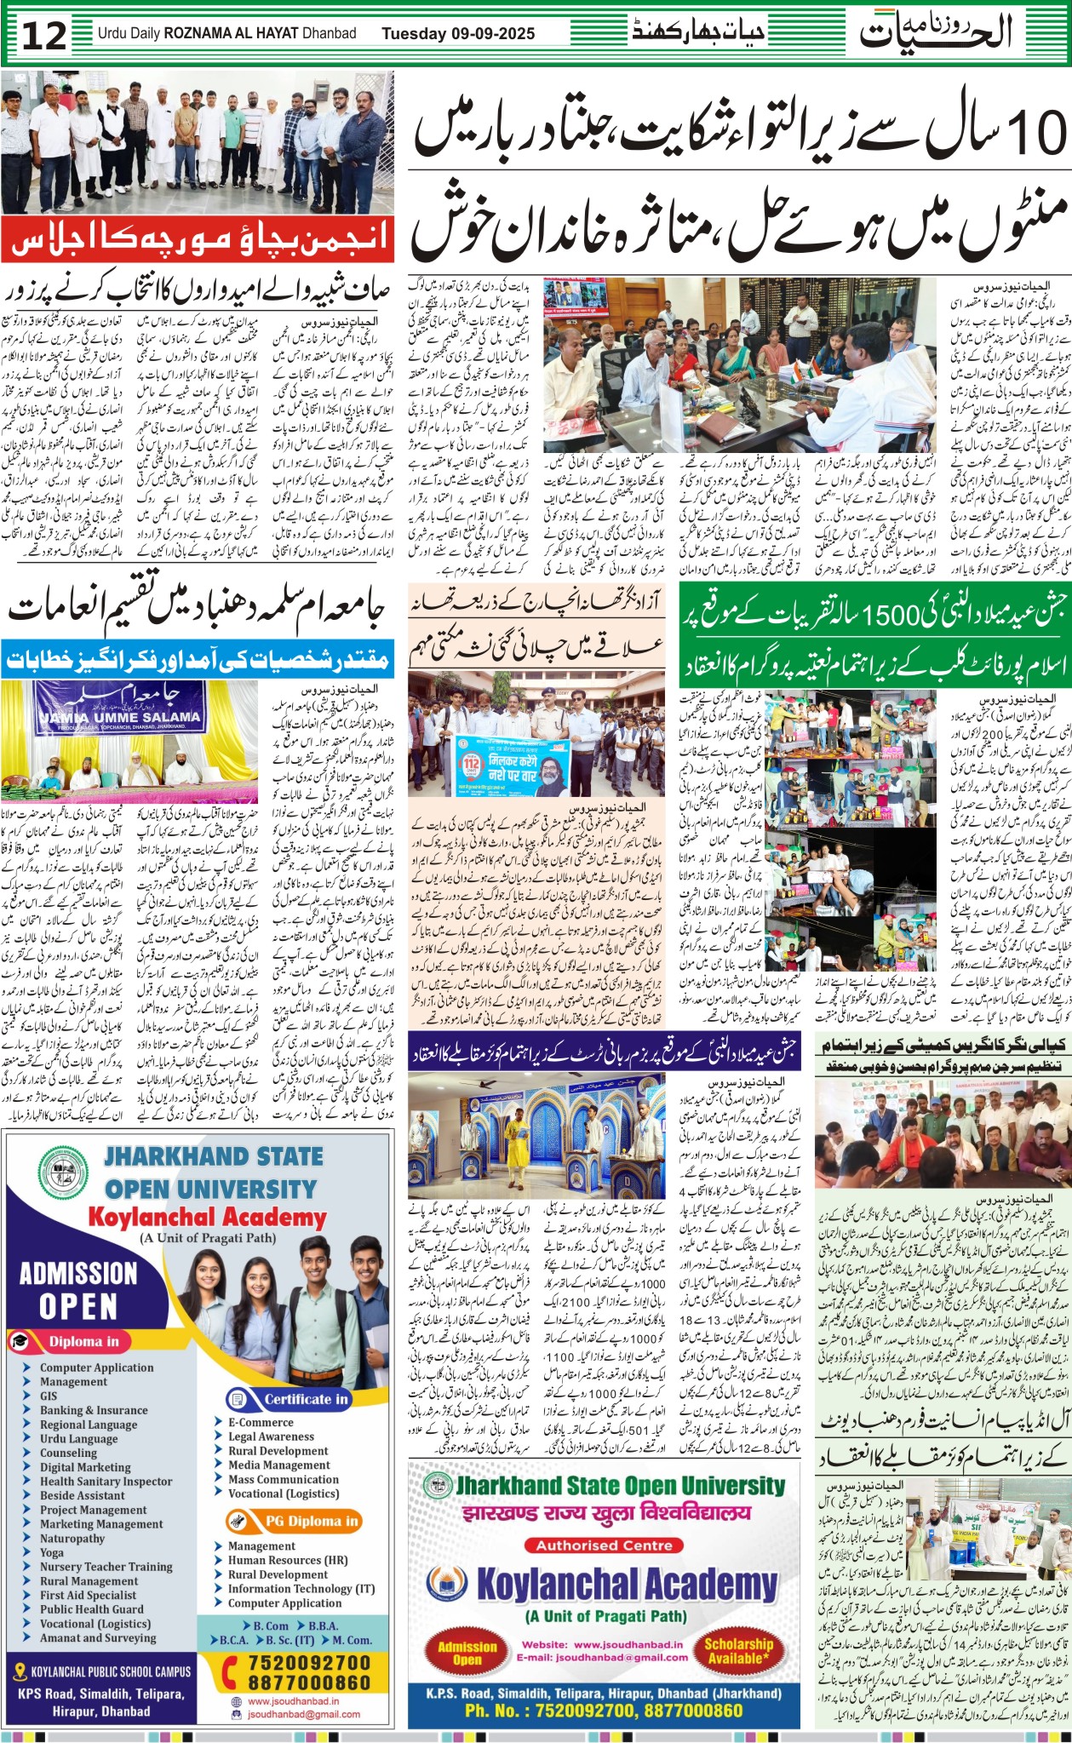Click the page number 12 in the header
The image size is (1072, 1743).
(x=43, y=35)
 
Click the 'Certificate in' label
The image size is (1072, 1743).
(x=305, y=1398)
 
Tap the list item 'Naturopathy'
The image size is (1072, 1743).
(x=72, y=1538)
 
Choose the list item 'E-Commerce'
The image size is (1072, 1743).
(x=261, y=1422)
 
